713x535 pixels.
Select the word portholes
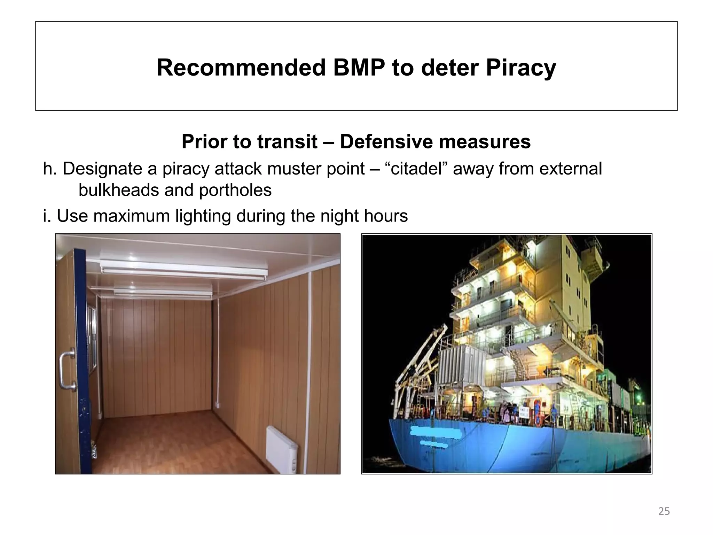click(235, 190)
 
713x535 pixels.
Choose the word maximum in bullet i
click(131, 216)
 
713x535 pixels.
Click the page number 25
click(664, 512)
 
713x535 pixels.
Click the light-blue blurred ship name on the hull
click(435, 432)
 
